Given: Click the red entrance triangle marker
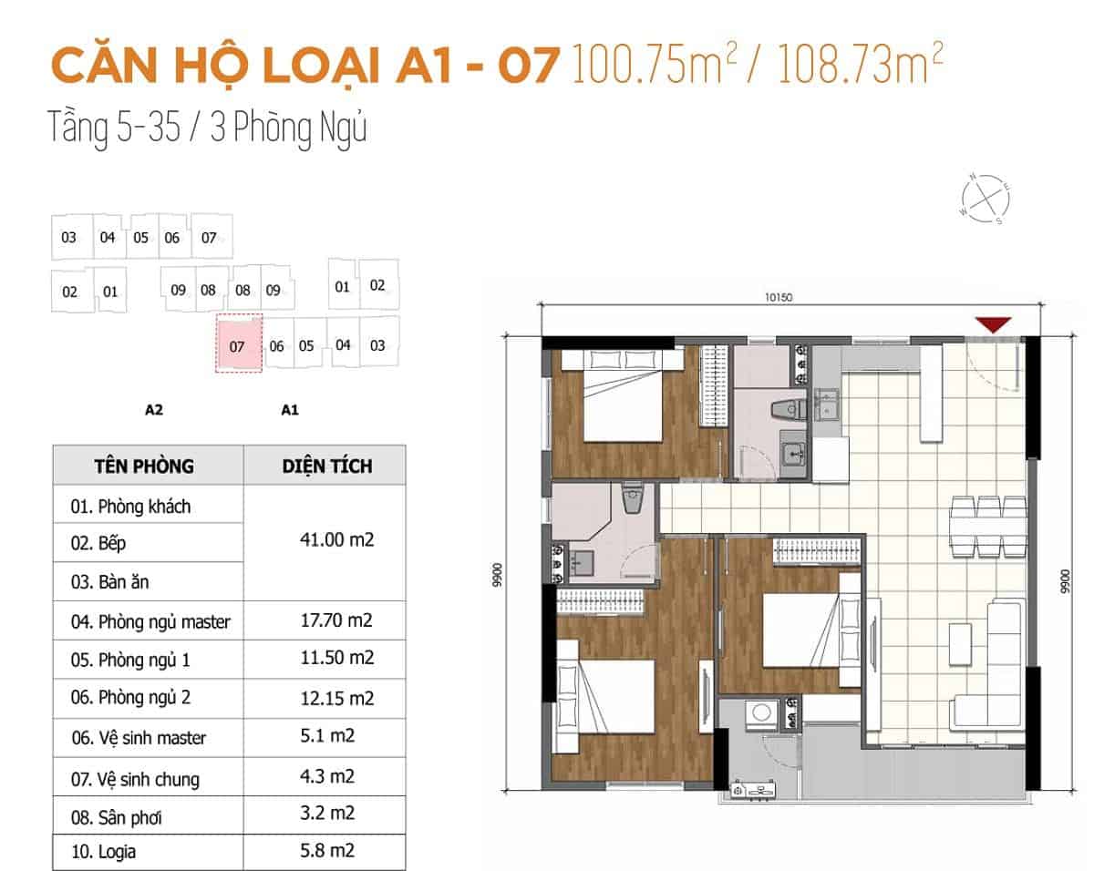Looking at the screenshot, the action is [993, 324].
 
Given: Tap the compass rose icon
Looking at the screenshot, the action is [986, 199].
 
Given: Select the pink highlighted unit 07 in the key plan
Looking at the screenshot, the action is [239, 343].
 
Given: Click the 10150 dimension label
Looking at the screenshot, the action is [779, 297].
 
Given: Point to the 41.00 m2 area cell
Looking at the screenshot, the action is [336, 539].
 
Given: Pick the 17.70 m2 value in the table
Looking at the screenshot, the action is [336, 620].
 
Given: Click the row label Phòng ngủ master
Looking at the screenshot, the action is [150, 622].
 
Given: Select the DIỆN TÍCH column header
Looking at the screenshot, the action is [327, 466].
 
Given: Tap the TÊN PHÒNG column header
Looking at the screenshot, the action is [144, 466].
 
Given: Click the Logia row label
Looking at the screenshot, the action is [103, 852].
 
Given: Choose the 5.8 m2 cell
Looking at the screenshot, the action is [327, 851].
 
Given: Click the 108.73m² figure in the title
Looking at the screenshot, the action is [860, 63].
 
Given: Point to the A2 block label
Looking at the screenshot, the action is [154, 410].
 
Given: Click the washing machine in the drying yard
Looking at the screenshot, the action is [761, 713].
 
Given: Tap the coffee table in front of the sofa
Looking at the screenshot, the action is [960, 644].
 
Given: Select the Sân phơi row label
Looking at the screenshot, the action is [117, 817].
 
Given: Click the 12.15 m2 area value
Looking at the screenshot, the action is [337, 698].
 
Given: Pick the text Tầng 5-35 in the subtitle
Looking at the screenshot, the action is [114, 128].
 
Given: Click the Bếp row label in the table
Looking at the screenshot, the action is [98, 543].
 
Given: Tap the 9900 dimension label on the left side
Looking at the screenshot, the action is [497, 575].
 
